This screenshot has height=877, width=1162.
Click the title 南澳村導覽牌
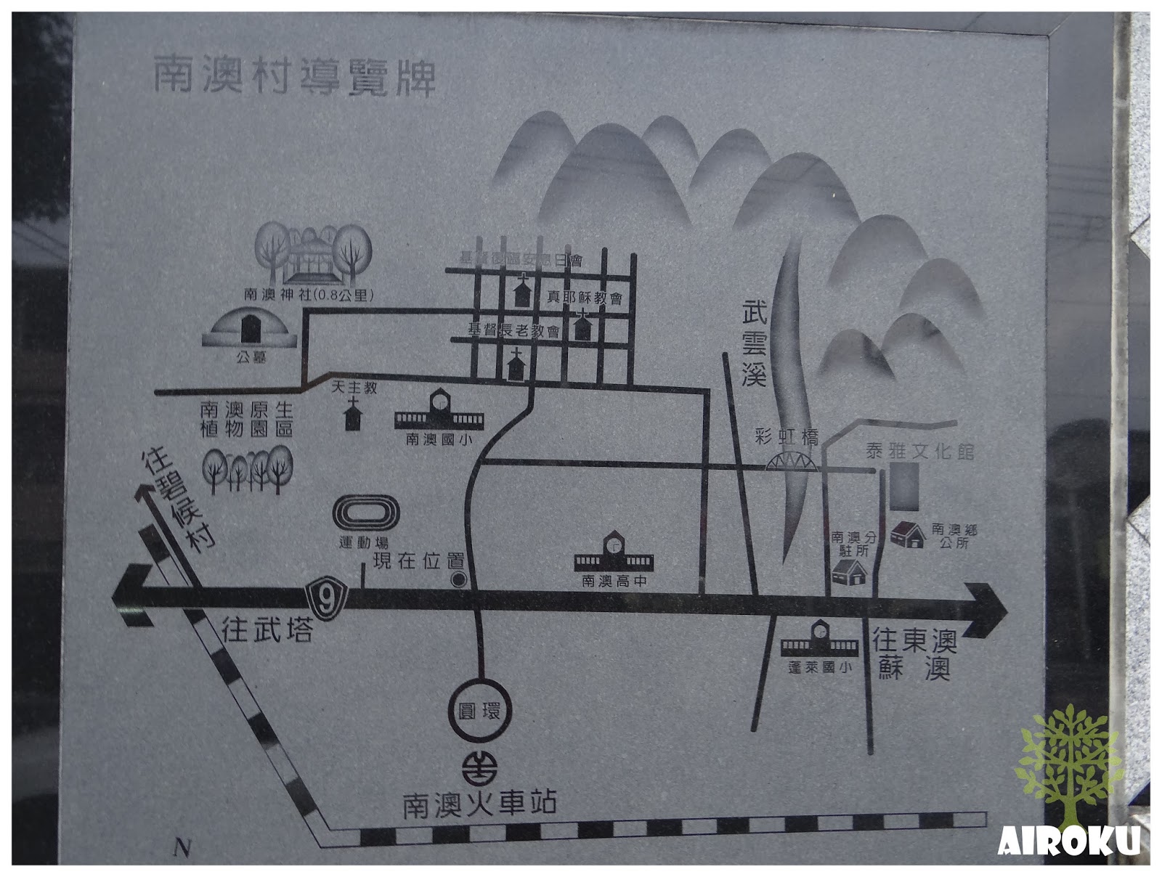coord(293,78)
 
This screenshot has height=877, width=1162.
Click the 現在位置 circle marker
coord(459,579)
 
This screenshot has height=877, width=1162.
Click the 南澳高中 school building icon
coord(614,553)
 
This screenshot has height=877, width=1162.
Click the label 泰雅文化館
coord(919,452)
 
